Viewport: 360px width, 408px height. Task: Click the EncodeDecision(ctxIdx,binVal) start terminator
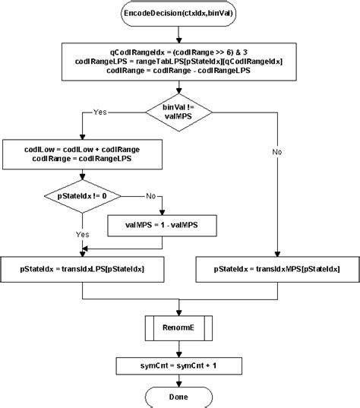pyautogui.click(x=180, y=15)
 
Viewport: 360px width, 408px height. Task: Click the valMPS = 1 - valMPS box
pyautogui.click(x=163, y=226)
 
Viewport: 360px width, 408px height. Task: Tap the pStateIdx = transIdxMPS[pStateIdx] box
pyautogui.click(x=278, y=269)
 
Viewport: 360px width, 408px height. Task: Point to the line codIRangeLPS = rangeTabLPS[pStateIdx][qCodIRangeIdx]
pyautogui.click(x=180, y=60)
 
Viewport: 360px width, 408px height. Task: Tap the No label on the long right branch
pyautogui.click(x=278, y=152)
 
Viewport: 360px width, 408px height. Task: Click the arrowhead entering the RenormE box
pyautogui.click(x=180, y=315)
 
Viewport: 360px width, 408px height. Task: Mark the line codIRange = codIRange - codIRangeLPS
pyautogui.click(x=180, y=70)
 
